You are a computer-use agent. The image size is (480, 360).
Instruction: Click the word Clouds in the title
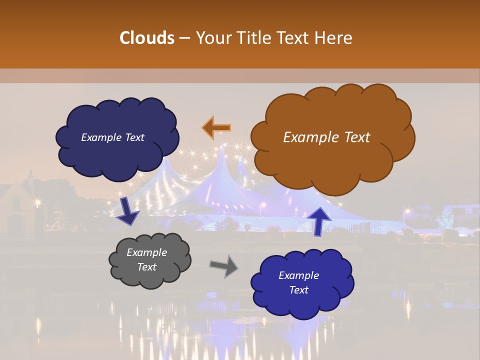tap(147, 38)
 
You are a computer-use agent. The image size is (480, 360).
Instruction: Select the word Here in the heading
tap(333, 38)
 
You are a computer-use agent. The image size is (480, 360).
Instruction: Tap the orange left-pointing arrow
tap(216, 128)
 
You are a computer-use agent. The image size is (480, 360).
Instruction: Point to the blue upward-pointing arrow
tap(319, 220)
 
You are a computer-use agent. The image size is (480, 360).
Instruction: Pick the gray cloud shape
tap(149, 260)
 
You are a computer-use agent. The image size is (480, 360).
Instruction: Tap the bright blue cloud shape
tap(302, 283)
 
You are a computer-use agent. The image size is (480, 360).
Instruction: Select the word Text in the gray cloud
tap(146, 267)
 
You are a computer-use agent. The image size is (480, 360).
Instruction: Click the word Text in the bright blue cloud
tap(298, 290)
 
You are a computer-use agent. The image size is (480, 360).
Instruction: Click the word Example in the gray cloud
tap(146, 252)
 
